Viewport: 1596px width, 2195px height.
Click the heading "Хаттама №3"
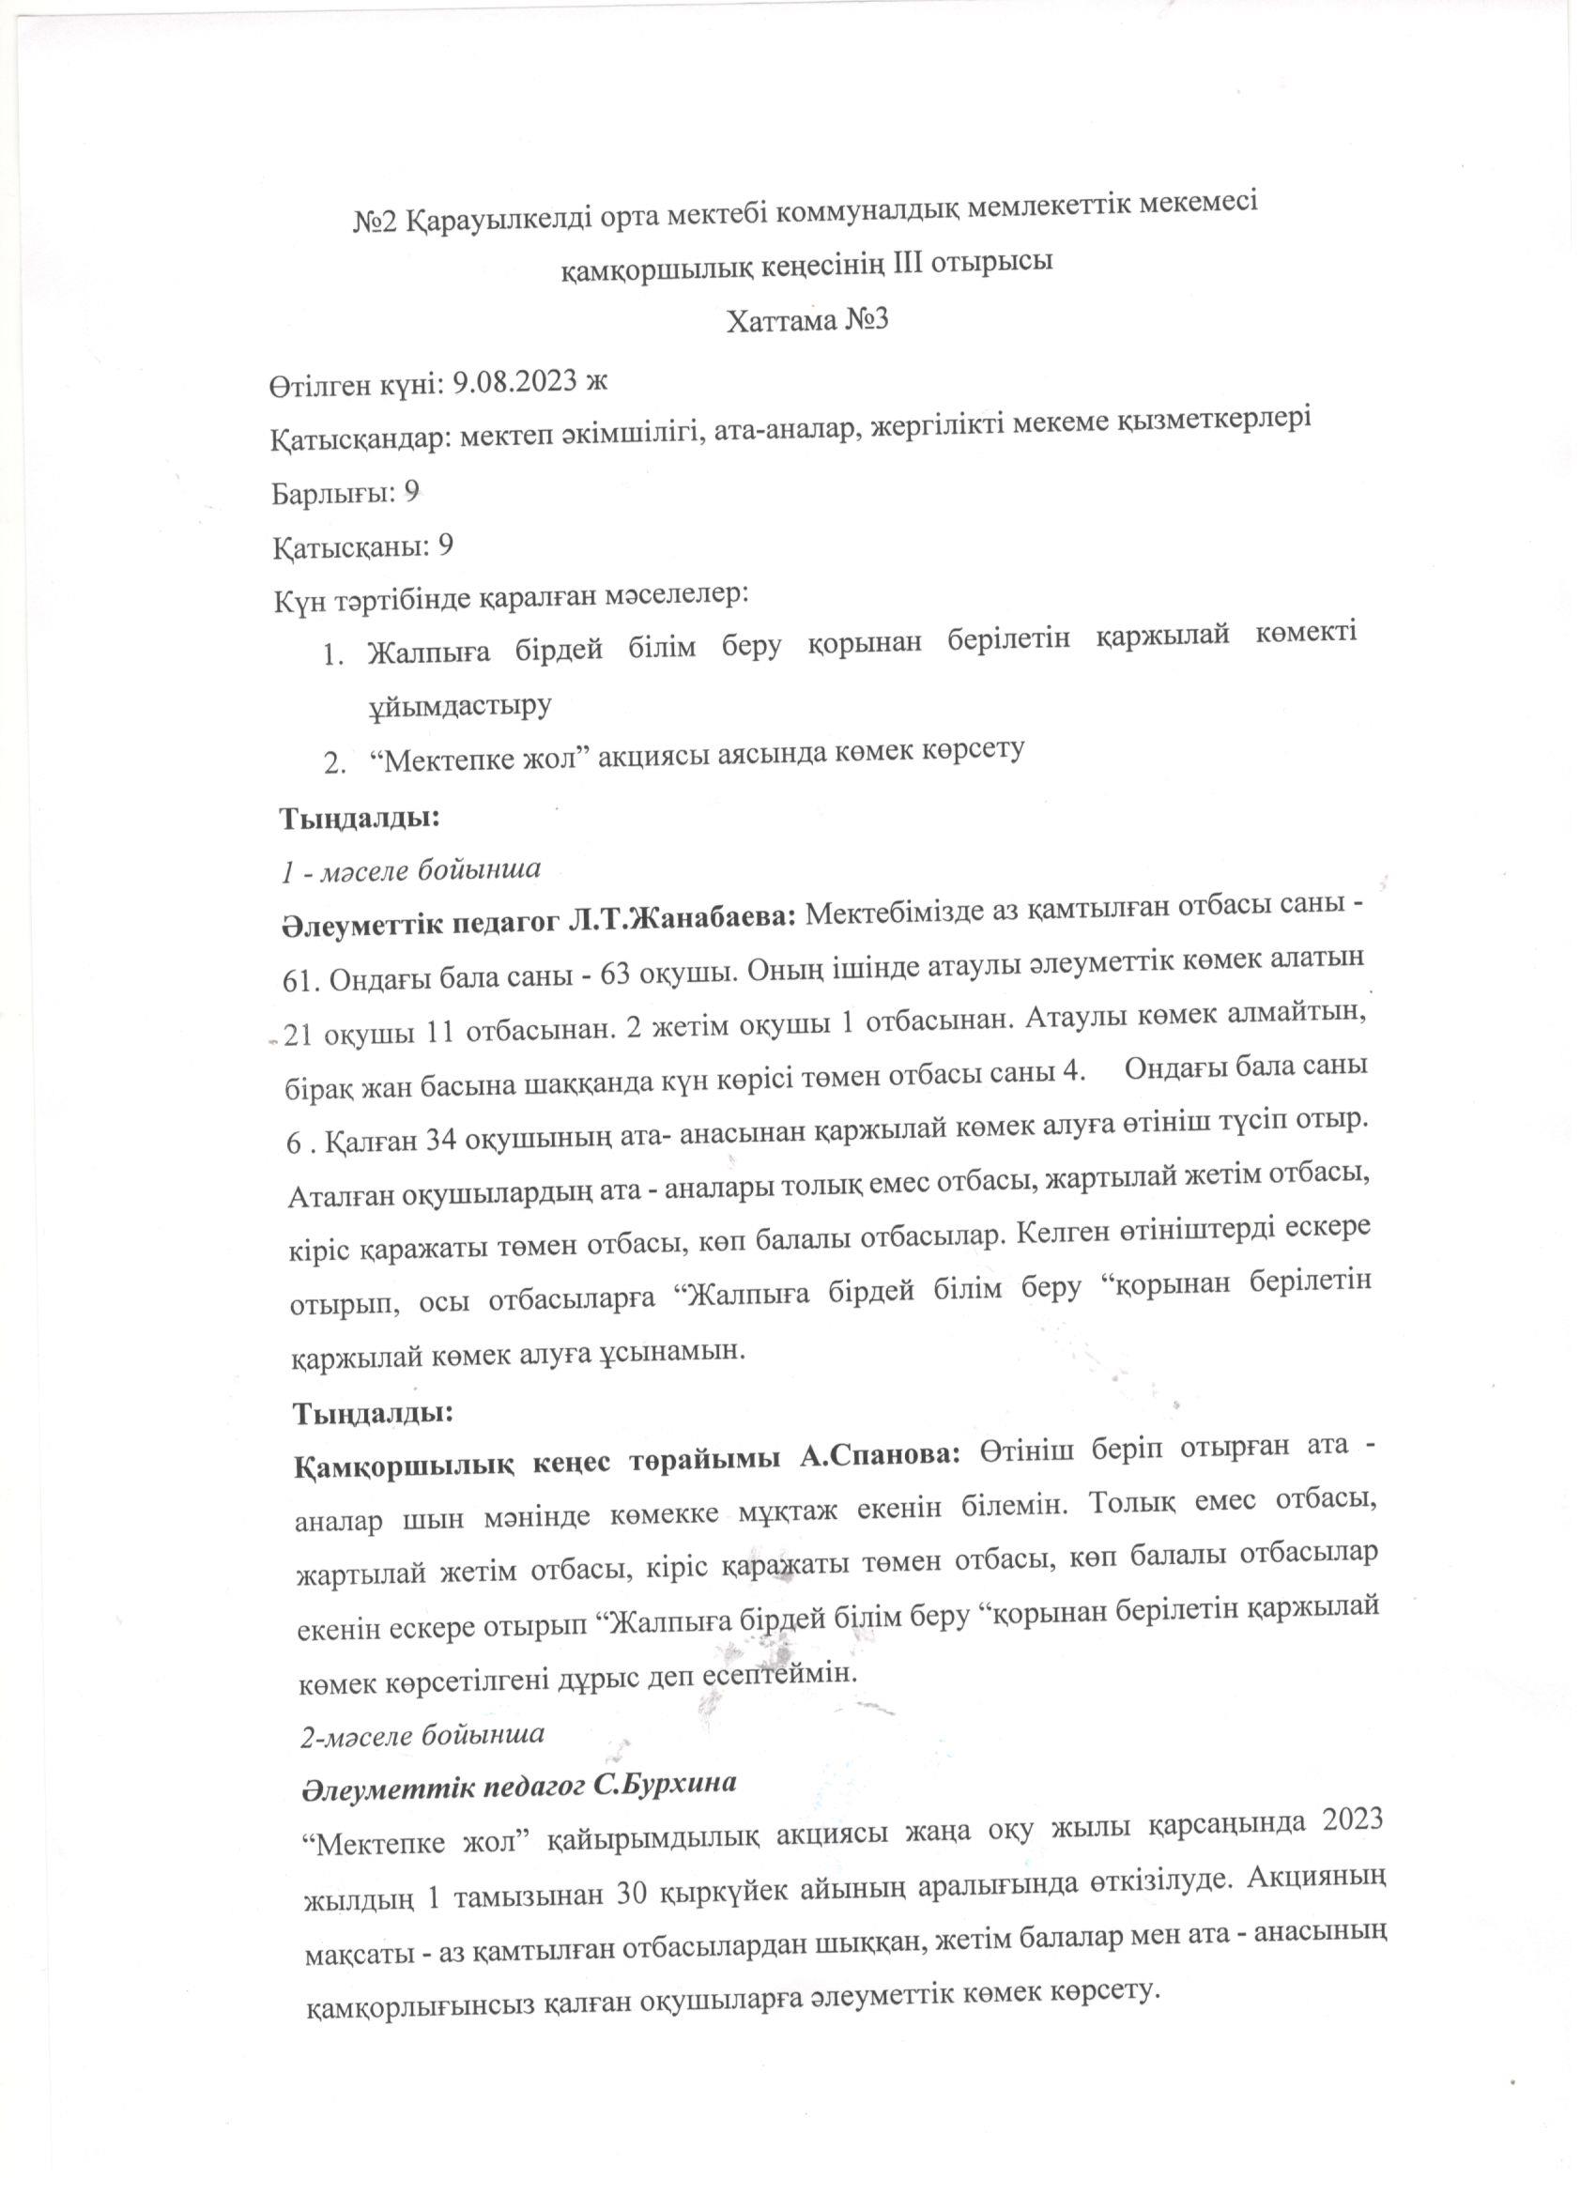click(x=806, y=319)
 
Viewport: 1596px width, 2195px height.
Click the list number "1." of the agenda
click(x=333, y=656)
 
